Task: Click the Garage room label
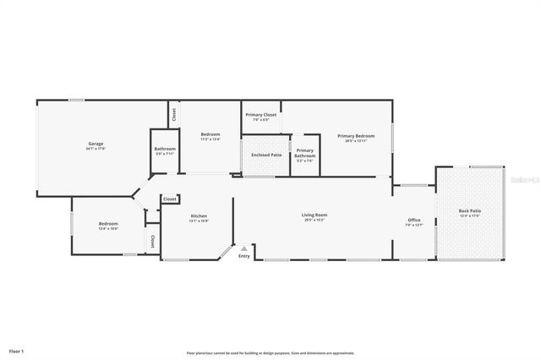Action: (96, 144)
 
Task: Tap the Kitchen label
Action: (199, 215)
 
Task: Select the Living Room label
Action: (314, 215)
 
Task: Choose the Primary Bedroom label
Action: (356, 135)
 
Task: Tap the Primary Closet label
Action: (261, 114)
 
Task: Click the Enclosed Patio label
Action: (266, 155)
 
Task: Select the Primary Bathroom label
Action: (305, 153)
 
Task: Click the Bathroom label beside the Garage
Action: (165, 149)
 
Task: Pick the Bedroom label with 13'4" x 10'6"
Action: (108, 224)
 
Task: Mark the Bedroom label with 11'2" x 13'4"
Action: (210, 135)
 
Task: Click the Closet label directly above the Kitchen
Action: (170, 199)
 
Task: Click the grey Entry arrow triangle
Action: (244, 248)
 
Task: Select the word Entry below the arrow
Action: (244, 256)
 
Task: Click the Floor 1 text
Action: (17, 350)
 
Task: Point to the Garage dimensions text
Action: (96, 149)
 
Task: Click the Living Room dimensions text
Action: (314, 220)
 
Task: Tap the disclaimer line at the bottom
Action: (270, 353)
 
